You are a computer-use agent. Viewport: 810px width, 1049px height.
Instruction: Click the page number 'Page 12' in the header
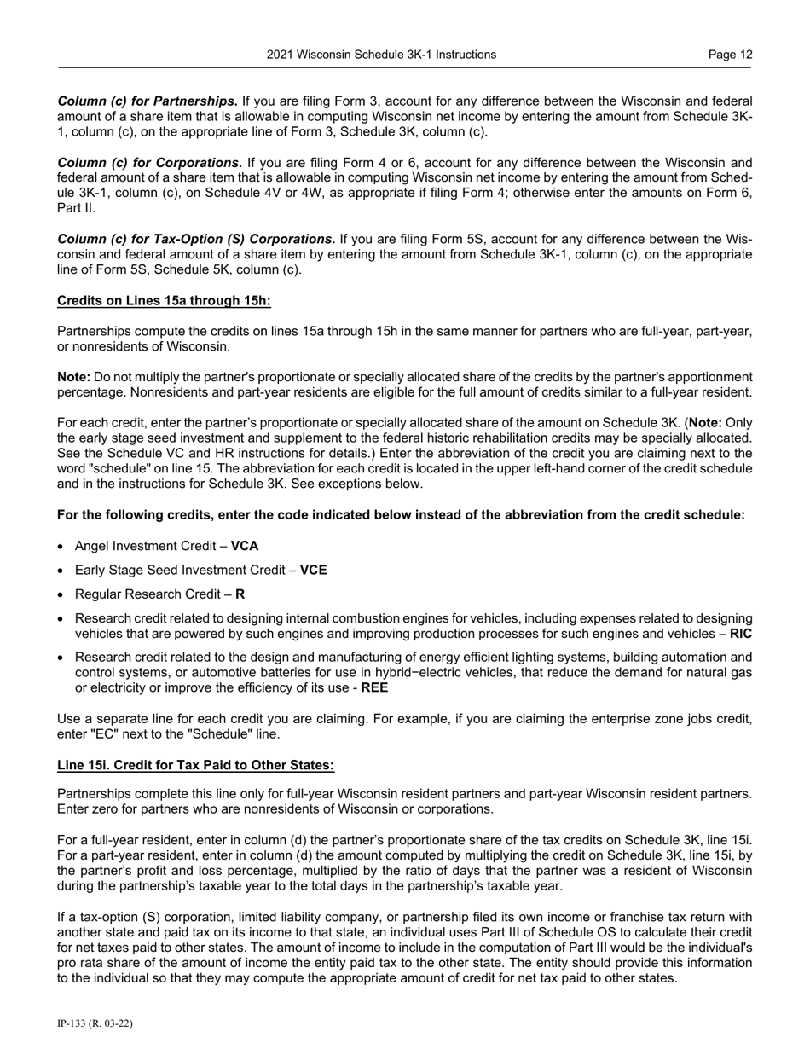pos(730,55)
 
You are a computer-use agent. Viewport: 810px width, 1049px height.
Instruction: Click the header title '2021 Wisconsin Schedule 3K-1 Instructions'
pos(381,55)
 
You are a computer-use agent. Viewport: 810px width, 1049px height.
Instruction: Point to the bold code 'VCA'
pos(245,546)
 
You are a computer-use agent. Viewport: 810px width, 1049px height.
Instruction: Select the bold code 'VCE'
pos(313,570)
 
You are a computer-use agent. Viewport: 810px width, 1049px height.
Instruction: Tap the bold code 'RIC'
pos(741,634)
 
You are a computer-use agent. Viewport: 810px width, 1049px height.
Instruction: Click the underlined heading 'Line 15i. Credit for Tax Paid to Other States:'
pos(195,765)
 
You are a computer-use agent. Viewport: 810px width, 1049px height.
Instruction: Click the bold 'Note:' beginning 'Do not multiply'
pos(73,377)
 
